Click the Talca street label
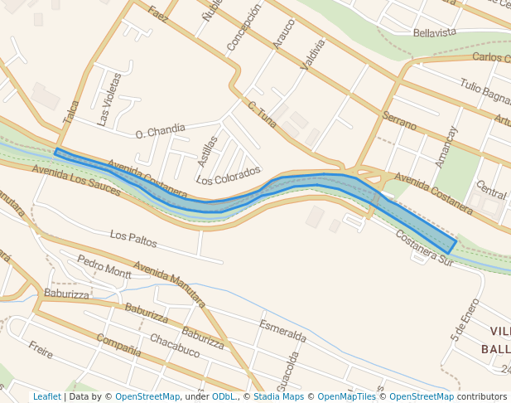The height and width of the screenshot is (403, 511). click(x=71, y=113)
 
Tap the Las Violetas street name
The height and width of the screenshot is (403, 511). click(x=109, y=100)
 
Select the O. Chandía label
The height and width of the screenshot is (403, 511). click(x=161, y=130)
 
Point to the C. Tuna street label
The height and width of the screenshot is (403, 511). click(x=262, y=114)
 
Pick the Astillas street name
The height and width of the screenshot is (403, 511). click(x=207, y=151)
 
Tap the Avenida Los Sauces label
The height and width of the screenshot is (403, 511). click(x=76, y=180)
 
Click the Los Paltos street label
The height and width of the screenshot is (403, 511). click(x=133, y=240)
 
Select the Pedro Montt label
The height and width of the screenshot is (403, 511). click(x=104, y=266)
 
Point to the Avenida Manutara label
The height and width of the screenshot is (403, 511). click(x=169, y=283)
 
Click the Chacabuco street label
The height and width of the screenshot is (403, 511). click(x=175, y=346)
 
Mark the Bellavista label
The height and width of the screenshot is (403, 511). click(x=435, y=32)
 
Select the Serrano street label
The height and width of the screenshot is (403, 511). click(x=399, y=121)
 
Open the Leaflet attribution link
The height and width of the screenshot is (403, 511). click(x=46, y=396)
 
